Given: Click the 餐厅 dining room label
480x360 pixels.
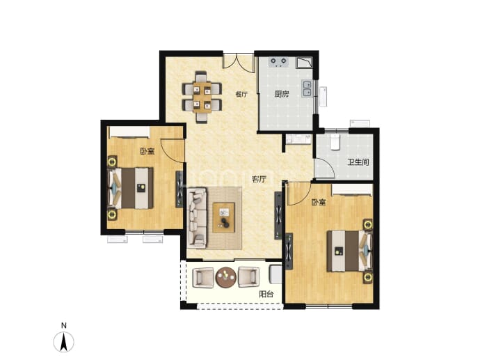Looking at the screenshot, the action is point(241,94).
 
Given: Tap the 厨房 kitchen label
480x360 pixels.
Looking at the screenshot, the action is point(281,94).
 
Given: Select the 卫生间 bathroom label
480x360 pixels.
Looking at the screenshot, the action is point(358,162).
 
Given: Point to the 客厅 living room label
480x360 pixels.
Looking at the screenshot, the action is point(259,179).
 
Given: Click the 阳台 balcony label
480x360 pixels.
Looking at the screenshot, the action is point(266,295).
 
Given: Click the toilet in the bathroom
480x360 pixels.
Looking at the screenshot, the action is point(335,142).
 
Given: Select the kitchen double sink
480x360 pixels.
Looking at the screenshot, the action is point(307,88).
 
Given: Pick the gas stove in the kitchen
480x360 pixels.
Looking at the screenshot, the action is point(278,62).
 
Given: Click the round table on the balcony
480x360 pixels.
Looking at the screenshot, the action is point(226,277).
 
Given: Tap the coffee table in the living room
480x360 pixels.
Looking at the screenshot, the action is point(224,217).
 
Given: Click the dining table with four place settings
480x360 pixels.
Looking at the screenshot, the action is point(202,97).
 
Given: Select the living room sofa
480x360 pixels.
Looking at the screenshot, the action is point(197,218).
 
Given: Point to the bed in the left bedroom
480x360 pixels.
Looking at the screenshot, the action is point(130,188).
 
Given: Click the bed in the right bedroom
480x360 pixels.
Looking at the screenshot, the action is point(350,251).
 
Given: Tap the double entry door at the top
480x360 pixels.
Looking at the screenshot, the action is point(239,63).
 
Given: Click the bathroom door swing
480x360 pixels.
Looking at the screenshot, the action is point(324,168).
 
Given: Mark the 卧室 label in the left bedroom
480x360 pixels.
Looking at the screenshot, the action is point(147,151).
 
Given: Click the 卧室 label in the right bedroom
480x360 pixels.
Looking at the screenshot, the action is point(319,202).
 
